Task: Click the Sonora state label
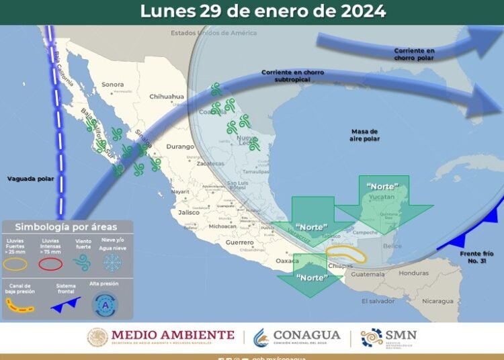click(x=112, y=85)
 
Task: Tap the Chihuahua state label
click(x=167, y=97)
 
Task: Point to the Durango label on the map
click(x=179, y=146)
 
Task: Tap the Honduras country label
click(x=413, y=273)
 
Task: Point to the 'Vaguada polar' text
click(x=30, y=179)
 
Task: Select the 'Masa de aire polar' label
click(x=364, y=135)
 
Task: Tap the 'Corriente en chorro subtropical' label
click(x=286, y=75)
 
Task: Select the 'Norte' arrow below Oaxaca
click(x=310, y=277)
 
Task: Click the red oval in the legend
click(x=51, y=264)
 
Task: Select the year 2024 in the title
click(x=362, y=11)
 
